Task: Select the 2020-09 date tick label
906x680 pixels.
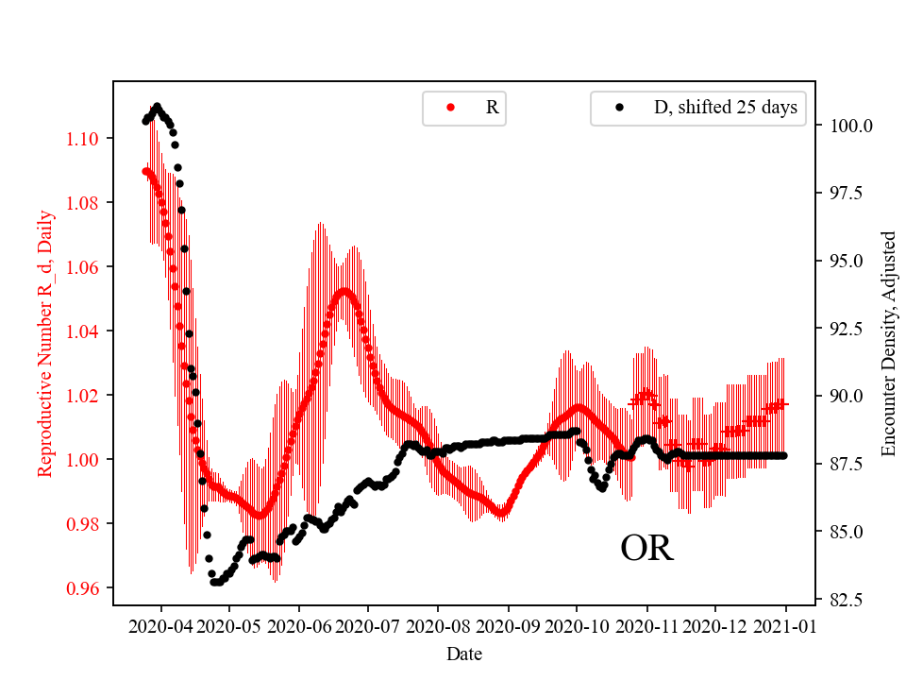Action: pos(508,625)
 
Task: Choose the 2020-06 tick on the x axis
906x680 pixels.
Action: pos(299,625)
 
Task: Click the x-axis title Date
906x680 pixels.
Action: pos(464,653)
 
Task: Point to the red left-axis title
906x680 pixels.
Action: pos(44,344)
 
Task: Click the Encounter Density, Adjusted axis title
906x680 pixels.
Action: pos(887,344)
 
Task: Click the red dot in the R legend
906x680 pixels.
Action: pos(450,108)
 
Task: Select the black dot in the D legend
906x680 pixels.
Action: pos(619,108)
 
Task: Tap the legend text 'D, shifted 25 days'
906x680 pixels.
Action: pos(725,108)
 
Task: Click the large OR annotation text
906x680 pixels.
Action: pos(647,549)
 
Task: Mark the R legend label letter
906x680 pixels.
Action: pos(492,108)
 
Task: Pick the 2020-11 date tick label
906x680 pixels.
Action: pos(646,625)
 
